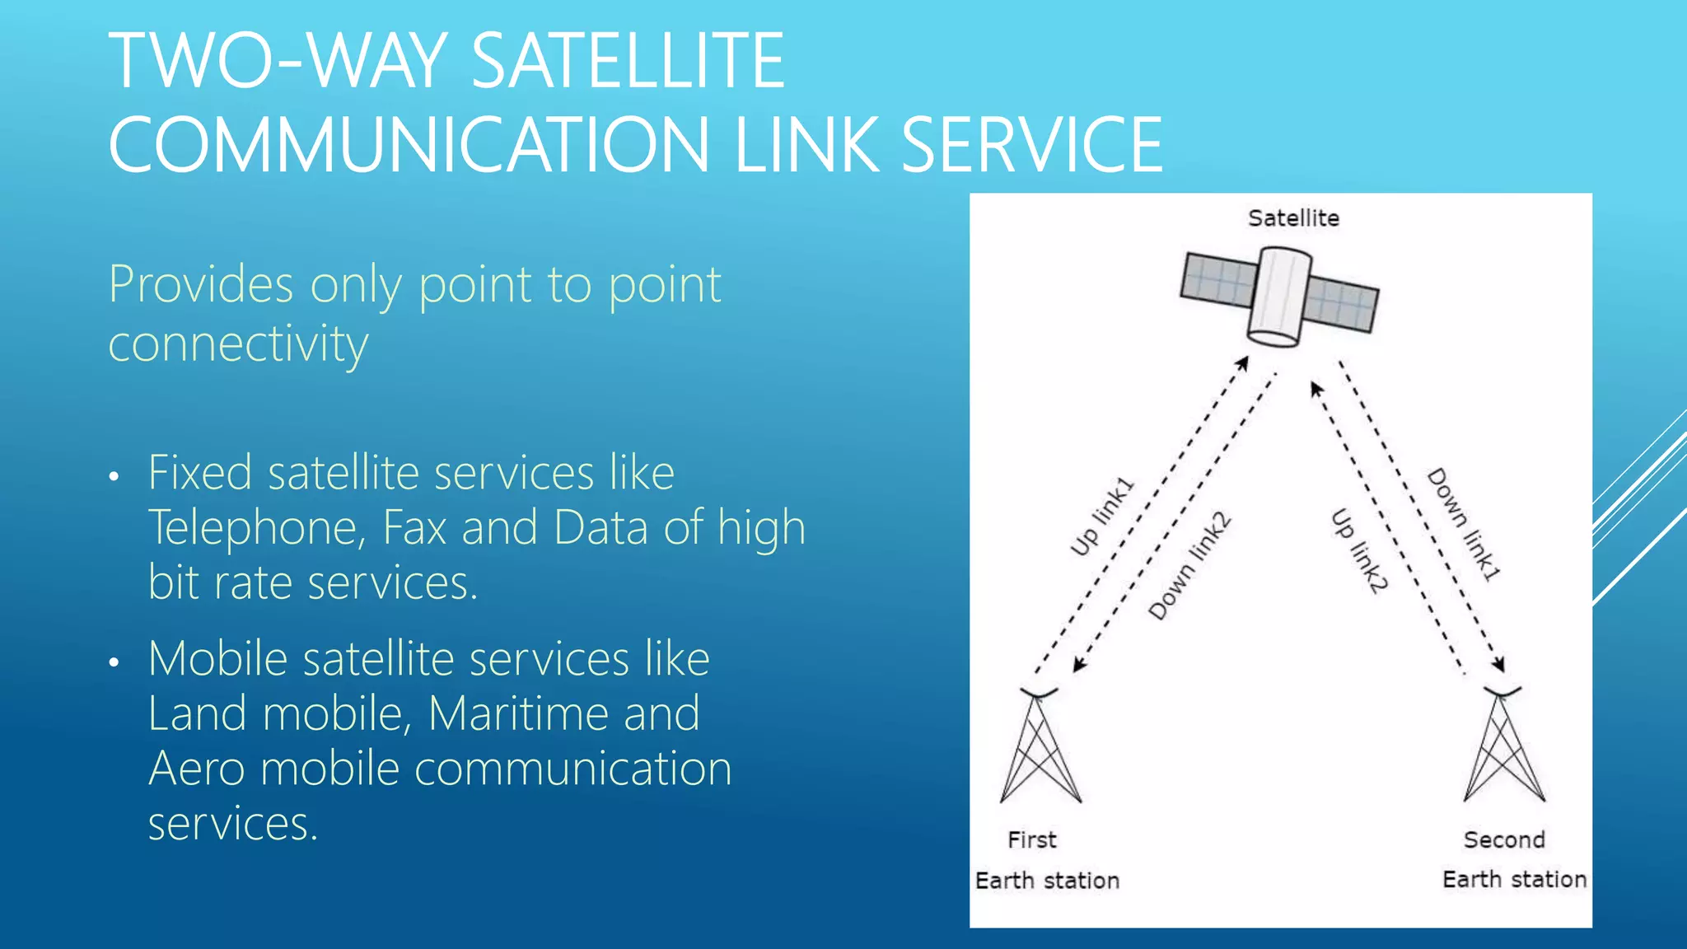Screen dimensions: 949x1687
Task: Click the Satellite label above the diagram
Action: [1293, 218]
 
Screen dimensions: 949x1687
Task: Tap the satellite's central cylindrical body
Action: [1278, 297]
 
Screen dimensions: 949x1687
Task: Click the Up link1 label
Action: [1101, 517]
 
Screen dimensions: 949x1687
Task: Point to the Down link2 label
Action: [1189, 567]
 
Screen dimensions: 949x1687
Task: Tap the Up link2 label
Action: [1360, 550]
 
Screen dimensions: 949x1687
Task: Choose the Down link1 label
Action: [1465, 525]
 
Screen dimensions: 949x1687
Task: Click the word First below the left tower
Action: [1031, 840]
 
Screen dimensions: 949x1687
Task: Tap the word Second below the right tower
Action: [1504, 840]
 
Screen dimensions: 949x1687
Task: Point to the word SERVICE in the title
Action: [1031, 145]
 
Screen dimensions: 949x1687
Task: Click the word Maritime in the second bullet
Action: [564, 713]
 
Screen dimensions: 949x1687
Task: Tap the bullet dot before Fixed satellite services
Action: [114, 476]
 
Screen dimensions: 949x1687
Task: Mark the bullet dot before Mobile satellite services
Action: [114, 662]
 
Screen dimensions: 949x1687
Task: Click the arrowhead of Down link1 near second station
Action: [1499, 665]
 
